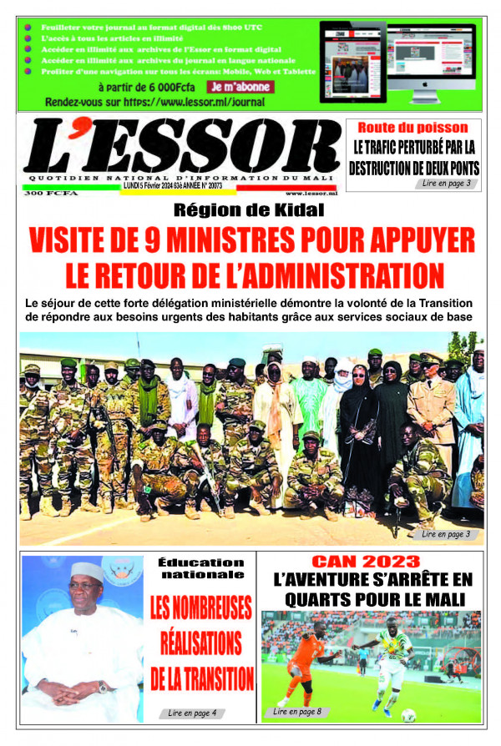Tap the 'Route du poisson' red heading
click(413, 128)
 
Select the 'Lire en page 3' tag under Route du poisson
click(450, 183)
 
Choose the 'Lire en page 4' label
click(190, 713)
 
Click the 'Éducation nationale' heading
click(201, 568)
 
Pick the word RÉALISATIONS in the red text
click(201, 644)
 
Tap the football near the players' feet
click(408, 714)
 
